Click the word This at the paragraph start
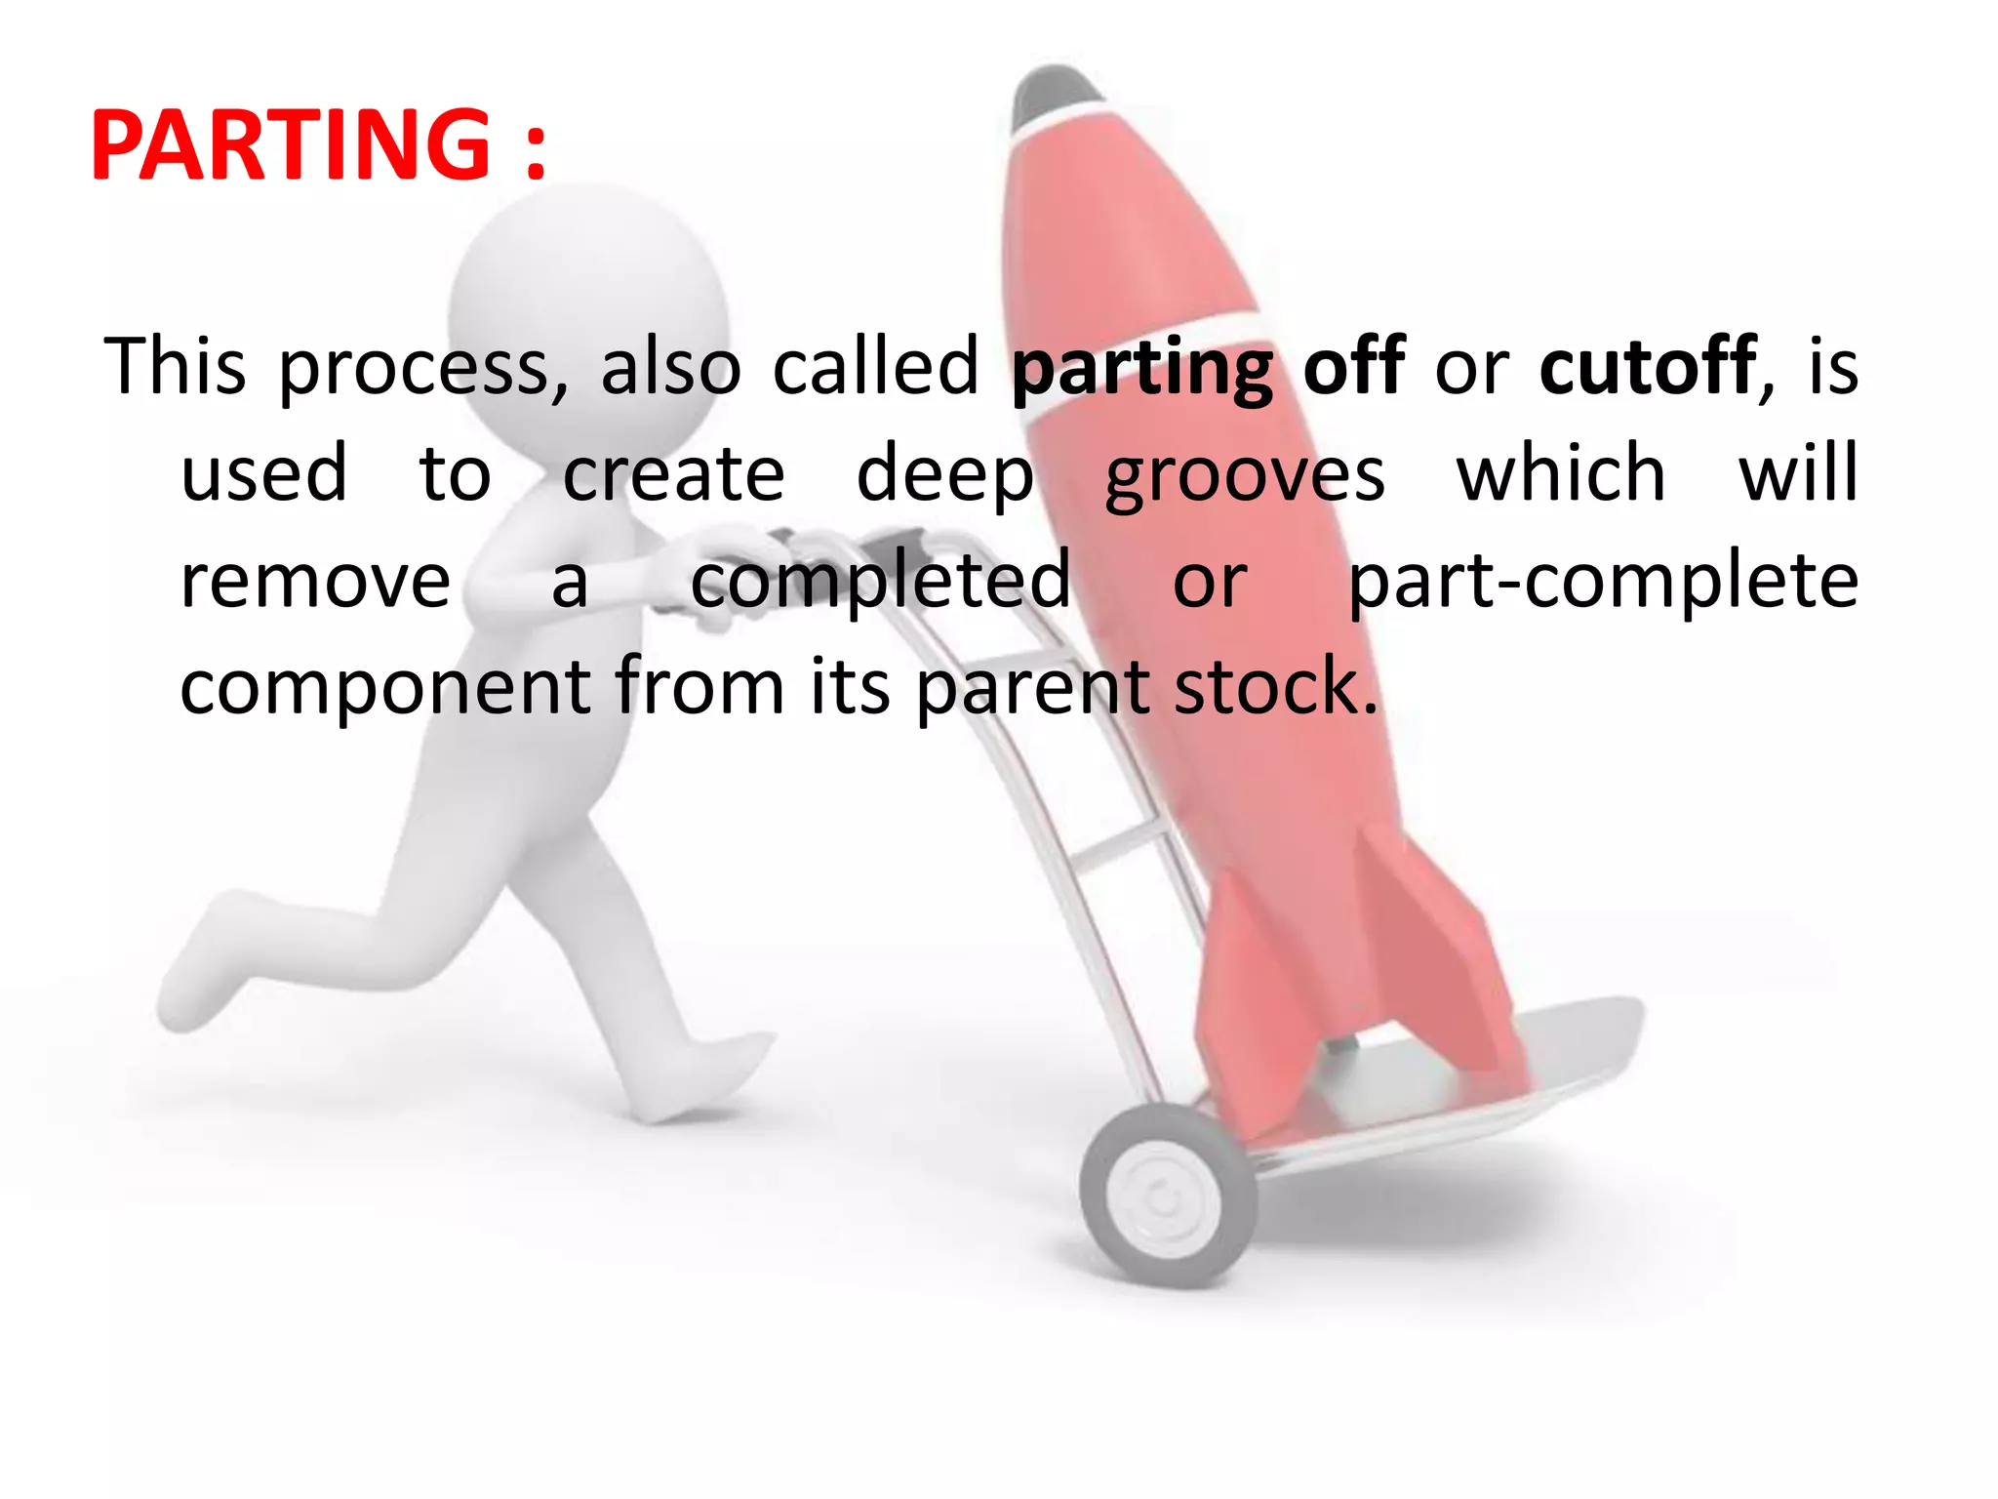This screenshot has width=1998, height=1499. coord(176,367)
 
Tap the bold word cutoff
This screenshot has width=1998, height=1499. coord(1648,367)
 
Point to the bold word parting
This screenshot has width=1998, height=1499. coord(1141,371)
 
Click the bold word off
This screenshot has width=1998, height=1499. coord(1353,367)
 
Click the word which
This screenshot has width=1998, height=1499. coord(1561,473)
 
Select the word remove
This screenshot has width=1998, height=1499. coord(315,582)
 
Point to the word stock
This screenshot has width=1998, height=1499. coord(1274,687)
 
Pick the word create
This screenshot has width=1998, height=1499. coord(673,475)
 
